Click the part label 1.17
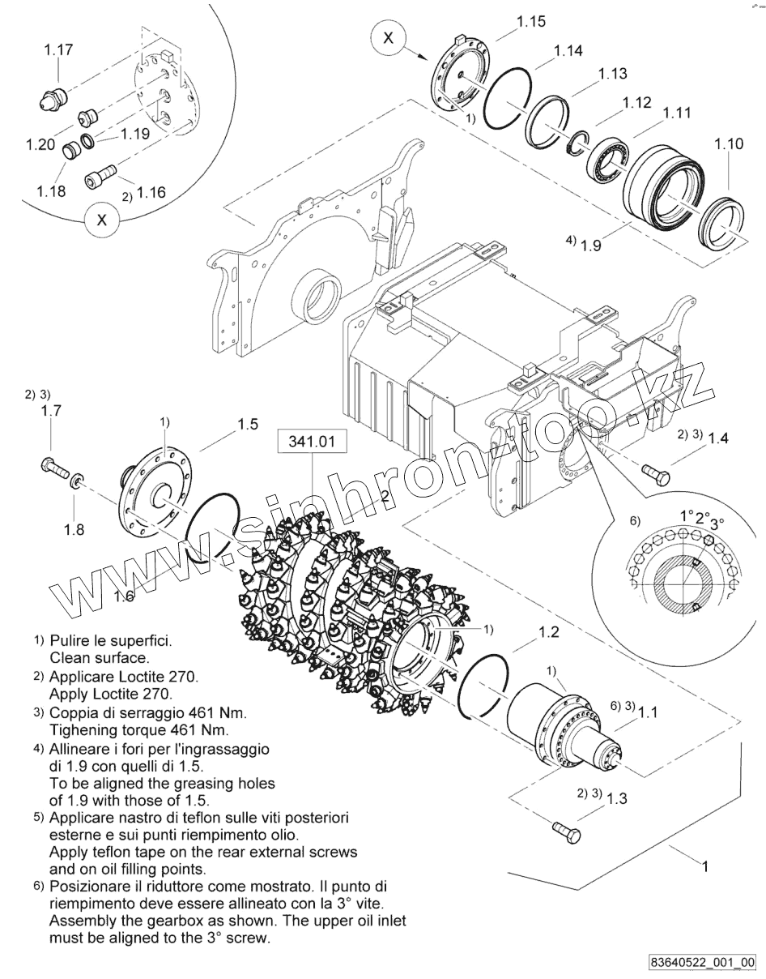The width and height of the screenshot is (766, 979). coord(58,49)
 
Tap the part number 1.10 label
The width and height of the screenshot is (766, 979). coord(729,143)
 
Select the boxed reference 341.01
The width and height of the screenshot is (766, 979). coord(312,442)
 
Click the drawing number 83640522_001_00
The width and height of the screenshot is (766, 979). coord(702,962)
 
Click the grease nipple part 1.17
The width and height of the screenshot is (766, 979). coord(49,100)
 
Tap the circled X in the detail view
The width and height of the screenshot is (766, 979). coord(101,220)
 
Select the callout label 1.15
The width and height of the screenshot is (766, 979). coord(531,22)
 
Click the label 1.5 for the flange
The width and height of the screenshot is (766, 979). coord(247,424)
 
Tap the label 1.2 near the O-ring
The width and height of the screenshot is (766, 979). coord(548,631)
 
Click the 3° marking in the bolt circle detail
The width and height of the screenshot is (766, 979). coord(717,524)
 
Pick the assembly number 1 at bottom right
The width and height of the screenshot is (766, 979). coord(704,866)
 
